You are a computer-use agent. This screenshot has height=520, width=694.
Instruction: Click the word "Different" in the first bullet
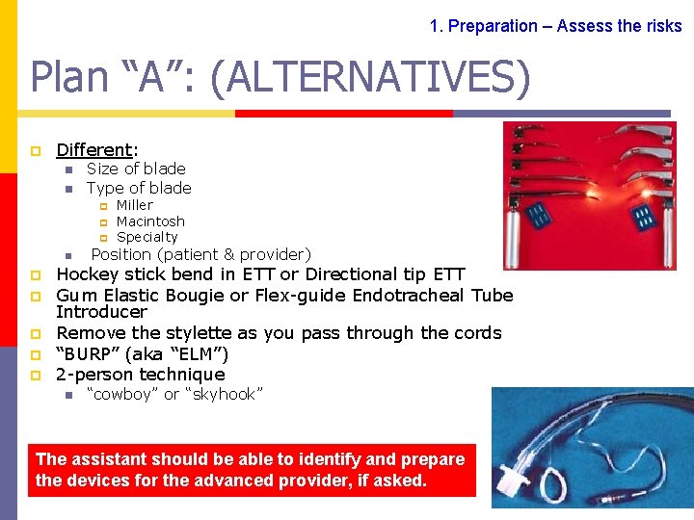[x=94, y=150]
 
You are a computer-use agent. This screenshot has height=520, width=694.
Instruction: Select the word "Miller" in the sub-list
[x=134, y=205]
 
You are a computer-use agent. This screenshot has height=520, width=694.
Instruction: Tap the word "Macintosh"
[x=149, y=221]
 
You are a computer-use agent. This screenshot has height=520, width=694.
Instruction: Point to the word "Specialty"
[x=147, y=237]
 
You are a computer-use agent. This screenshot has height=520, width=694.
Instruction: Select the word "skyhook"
[x=226, y=394]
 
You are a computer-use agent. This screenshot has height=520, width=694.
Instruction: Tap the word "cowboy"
[x=124, y=394]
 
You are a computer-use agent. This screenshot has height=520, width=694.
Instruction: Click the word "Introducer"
[x=101, y=312]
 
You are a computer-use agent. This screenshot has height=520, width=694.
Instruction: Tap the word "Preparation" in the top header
[x=494, y=26]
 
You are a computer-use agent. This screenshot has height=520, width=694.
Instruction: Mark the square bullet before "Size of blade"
[x=69, y=169]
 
